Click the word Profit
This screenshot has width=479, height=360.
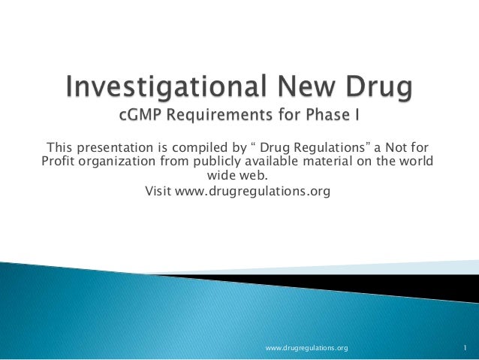point(54,161)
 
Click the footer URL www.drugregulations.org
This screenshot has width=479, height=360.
point(307,348)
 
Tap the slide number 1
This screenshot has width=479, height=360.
point(465,348)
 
